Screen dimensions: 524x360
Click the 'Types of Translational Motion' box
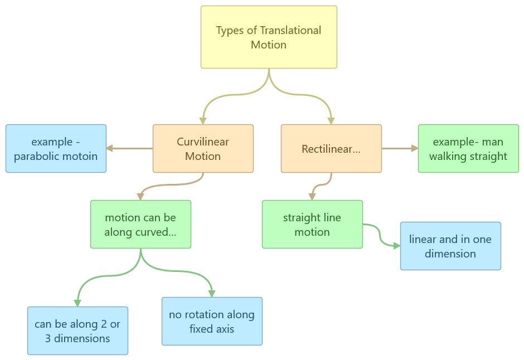coord(269,37)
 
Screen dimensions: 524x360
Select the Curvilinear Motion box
coord(203,149)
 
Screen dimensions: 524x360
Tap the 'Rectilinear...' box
coord(331,149)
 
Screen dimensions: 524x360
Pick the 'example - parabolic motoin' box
coord(56,149)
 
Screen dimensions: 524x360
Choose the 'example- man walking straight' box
coord(468,149)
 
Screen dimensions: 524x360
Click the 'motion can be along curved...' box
coord(140,225)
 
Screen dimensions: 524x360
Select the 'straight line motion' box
coord(312,225)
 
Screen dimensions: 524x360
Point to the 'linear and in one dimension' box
coord(450,246)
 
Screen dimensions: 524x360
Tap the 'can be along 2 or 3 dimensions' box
coord(77,330)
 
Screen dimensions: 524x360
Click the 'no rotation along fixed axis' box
coord(212,321)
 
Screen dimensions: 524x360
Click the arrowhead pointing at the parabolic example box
coord(109,148)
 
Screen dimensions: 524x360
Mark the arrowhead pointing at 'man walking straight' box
coord(415,148)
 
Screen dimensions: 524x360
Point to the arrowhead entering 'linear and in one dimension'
coord(397,246)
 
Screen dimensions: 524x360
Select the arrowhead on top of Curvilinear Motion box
coord(203,121)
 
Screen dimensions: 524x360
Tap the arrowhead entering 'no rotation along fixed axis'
coord(212,294)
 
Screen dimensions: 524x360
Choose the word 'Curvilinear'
coord(203,142)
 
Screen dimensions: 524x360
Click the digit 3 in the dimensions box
coord(48,338)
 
